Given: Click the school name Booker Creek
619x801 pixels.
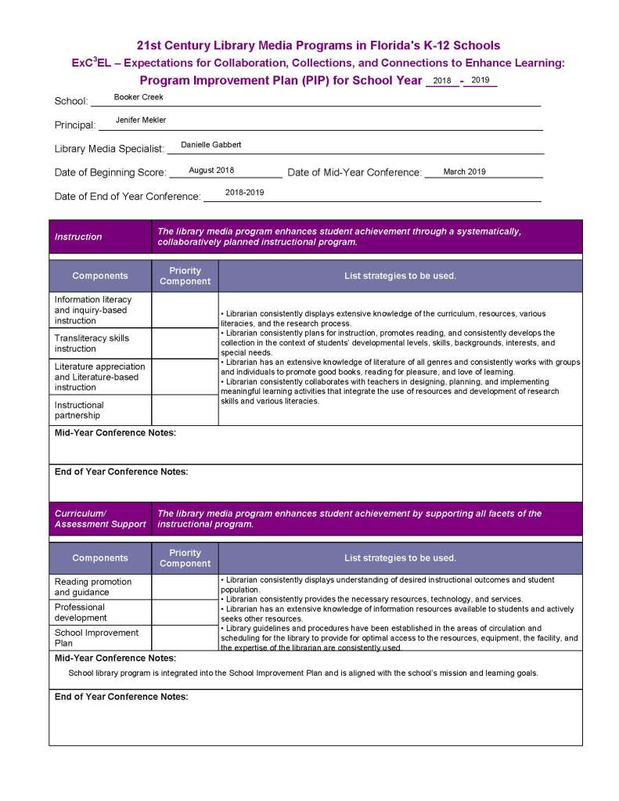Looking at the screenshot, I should tap(139, 97).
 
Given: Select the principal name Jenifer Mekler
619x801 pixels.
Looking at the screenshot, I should tap(141, 120).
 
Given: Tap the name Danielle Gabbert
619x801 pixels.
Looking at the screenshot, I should tap(211, 145).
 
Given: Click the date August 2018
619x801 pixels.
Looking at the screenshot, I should tap(211, 170).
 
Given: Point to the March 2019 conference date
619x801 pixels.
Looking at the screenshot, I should tap(464, 171).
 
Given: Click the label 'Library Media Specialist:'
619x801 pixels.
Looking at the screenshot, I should tap(110, 149).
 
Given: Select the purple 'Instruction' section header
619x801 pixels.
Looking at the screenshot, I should tap(78, 236).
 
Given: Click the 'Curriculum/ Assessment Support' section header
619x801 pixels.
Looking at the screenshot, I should tap(100, 518).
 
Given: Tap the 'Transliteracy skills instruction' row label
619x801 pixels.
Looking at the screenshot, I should tap(92, 343).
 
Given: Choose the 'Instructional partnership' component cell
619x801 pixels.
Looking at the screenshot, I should tap(79, 410).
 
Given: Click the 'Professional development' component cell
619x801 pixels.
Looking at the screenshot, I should tap(81, 612).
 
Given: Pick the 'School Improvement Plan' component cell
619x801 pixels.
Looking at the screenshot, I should tap(96, 637).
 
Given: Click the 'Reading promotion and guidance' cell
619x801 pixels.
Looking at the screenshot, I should tap(92, 587).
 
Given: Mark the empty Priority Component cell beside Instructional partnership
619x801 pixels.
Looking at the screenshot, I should tap(185, 410).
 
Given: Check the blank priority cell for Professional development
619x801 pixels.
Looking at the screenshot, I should tap(185, 612).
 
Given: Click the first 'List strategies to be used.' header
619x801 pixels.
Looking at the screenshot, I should tap(400, 276).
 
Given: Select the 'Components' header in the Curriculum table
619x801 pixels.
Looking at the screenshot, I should tap(100, 558).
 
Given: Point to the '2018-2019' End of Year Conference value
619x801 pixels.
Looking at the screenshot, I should tap(244, 193).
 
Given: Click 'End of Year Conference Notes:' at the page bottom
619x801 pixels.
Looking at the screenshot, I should tap(121, 697).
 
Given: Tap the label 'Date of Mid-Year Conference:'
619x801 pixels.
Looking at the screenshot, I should tap(354, 172).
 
